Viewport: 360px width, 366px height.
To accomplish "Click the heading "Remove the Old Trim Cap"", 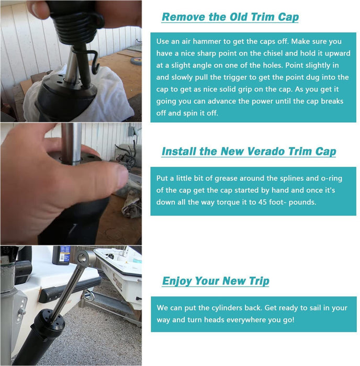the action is tap(230, 17).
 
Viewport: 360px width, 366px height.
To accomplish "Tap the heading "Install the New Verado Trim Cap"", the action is tap(249, 152).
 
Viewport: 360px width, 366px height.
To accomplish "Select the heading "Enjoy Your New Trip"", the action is tap(216, 281).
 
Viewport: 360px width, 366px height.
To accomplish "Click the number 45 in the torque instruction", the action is tap(263, 202).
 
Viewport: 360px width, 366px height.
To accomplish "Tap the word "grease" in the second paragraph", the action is tap(226, 179).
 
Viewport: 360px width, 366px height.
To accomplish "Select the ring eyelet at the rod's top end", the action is tap(86, 258).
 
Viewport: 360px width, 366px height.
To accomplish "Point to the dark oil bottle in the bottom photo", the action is tap(61, 255).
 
